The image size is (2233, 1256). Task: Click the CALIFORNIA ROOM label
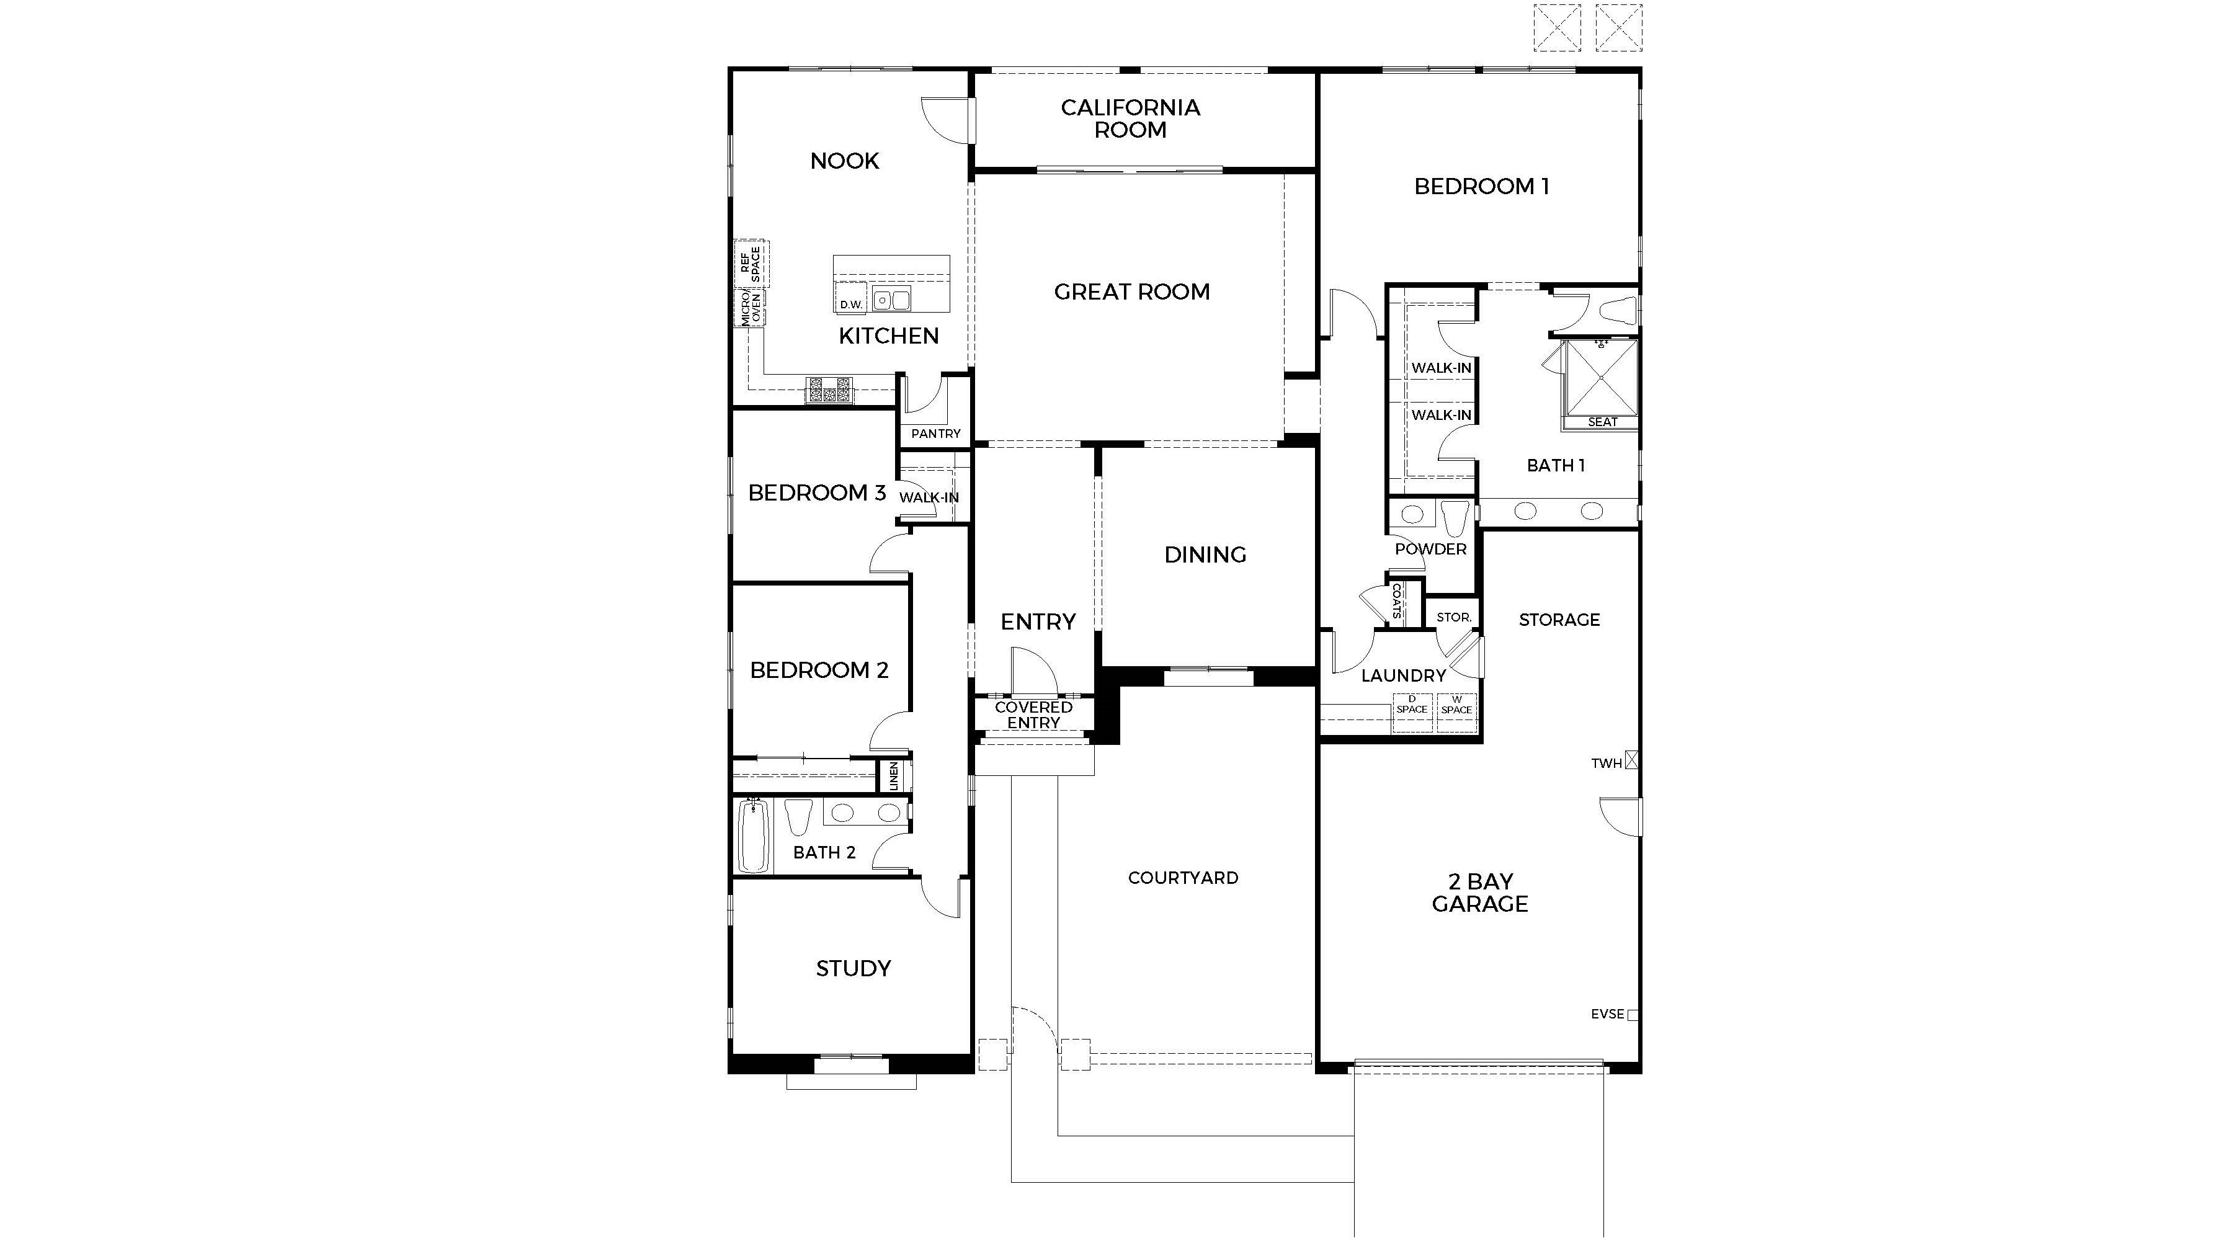point(1130,118)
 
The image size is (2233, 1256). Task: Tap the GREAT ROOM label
point(1131,292)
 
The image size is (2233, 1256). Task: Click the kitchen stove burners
point(829,390)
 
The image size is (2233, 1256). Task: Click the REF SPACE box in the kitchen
point(751,264)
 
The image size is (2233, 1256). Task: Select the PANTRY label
point(935,434)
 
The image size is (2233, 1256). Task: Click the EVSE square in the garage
point(1633,1014)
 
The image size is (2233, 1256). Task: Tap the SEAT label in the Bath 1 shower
point(1602,422)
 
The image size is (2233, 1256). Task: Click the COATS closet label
point(1396,600)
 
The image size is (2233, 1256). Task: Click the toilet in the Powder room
point(1455,517)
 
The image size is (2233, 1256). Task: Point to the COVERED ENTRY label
point(1033,715)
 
